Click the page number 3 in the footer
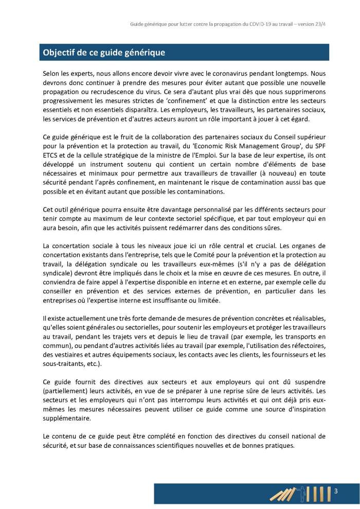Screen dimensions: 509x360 click(x=336, y=490)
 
